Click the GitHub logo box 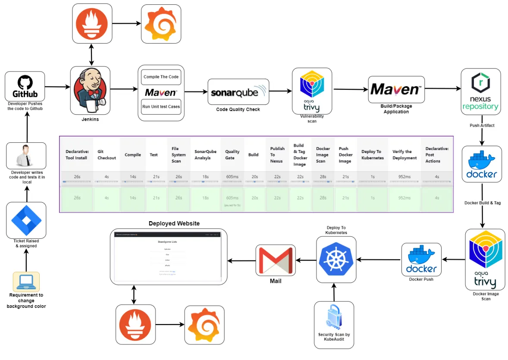(x=25, y=86)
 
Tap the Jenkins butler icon (x=90, y=91)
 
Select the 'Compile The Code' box (x=161, y=77)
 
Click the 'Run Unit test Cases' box (x=161, y=106)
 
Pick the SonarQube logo (x=238, y=92)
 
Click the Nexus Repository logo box (x=480, y=91)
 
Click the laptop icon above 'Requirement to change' (x=26, y=282)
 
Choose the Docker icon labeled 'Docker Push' (x=421, y=260)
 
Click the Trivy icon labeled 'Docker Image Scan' (x=485, y=260)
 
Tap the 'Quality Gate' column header (x=232, y=155)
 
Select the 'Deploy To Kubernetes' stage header (x=371, y=155)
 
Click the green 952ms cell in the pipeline (x=404, y=198)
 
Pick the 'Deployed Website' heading (x=174, y=223)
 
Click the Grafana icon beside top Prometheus (x=161, y=24)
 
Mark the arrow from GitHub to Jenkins (x=57, y=87)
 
